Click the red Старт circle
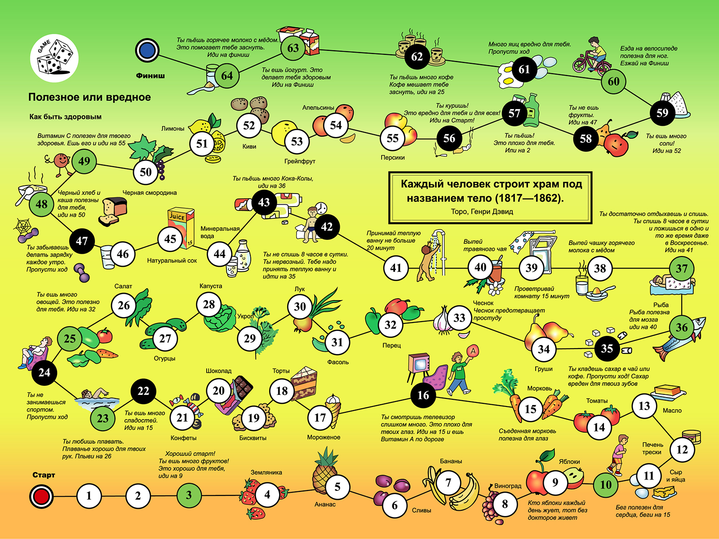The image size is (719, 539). (x=41, y=496)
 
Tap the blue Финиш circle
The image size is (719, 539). (x=147, y=50)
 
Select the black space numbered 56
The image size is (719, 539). (x=449, y=138)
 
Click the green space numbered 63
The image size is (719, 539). (x=293, y=48)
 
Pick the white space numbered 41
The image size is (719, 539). (x=396, y=268)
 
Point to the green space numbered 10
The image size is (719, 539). (x=606, y=485)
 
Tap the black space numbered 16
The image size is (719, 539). (x=423, y=395)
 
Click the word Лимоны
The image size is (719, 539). (x=173, y=128)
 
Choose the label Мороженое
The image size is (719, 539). (x=324, y=437)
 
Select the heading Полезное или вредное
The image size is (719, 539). (x=89, y=97)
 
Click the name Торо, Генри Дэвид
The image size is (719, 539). (x=482, y=212)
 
